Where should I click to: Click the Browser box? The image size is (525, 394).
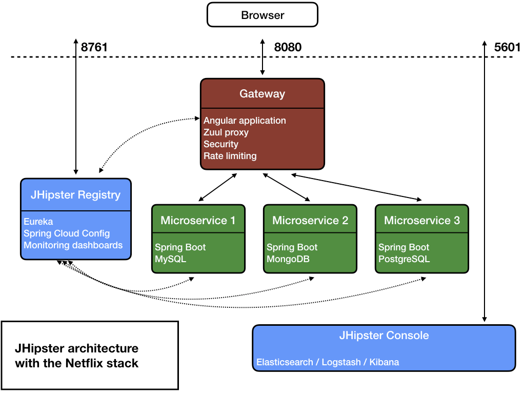pyautogui.click(x=262, y=15)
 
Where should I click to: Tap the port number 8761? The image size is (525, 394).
pyautogui.click(x=94, y=47)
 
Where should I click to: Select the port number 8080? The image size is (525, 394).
pyautogui.click(x=288, y=47)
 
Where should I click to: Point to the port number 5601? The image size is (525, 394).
pyautogui.click(x=507, y=47)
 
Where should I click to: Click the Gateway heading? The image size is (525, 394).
pyautogui.click(x=262, y=94)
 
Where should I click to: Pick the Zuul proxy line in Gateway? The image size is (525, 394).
pyautogui.click(x=226, y=132)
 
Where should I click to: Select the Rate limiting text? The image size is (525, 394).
pyautogui.click(x=230, y=156)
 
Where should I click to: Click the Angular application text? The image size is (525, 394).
pyautogui.click(x=245, y=121)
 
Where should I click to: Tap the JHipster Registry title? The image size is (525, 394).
pyautogui.click(x=75, y=195)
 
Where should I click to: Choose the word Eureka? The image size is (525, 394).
pyautogui.click(x=38, y=222)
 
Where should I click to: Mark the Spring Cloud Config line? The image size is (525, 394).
pyautogui.click(x=67, y=233)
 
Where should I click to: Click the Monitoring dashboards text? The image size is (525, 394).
pyautogui.click(x=73, y=245)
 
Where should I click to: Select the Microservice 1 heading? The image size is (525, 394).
pyautogui.click(x=198, y=221)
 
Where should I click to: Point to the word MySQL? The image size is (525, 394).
pyautogui.click(x=170, y=259)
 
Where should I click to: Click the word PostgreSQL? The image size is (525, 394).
pyautogui.click(x=404, y=259)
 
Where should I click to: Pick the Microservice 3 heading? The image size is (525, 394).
pyautogui.click(x=421, y=221)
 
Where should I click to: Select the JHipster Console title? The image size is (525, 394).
pyautogui.click(x=383, y=336)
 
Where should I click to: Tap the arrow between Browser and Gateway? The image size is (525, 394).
pyautogui.click(x=262, y=56)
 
